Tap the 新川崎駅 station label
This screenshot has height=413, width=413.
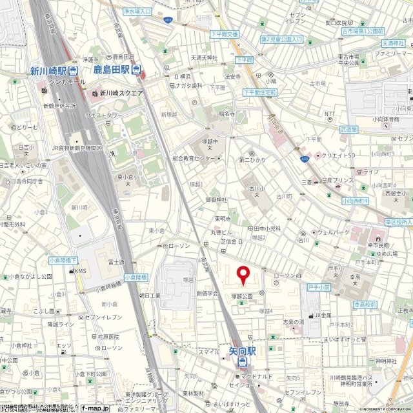click(49, 71)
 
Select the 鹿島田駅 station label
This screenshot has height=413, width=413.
click(111, 70)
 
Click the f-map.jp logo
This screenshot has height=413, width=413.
click(96, 408)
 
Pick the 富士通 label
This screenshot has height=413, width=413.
click(116, 262)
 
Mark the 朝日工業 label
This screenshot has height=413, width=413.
click(150, 294)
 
